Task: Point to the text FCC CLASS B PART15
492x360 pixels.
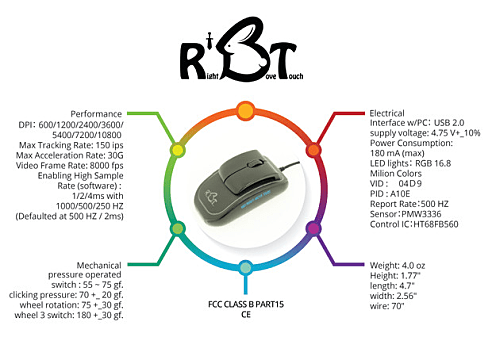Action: [x=245, y=301]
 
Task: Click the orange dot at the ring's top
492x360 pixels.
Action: [x=245, y=107]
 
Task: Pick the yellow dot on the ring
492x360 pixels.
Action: [x=176, y=149]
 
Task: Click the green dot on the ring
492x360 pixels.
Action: [x=177, y=229]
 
